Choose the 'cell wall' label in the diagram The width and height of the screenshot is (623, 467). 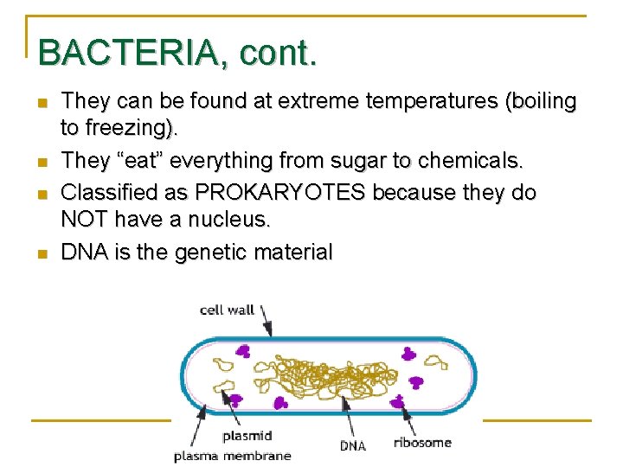pyautogui.click(x=228, y=310)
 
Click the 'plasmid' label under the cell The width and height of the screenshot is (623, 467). pyautogui.click(x=247, y=437)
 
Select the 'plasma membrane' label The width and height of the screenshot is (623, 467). pyautogui.click(x=233, y=455)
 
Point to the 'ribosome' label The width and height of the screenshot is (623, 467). pyautogui.click(x=422, y=443)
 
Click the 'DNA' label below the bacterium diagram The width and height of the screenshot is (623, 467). pyautogui.click(x=352, y=446)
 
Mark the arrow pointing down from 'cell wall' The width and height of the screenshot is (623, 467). pyautogui.click(x=267, y=321)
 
